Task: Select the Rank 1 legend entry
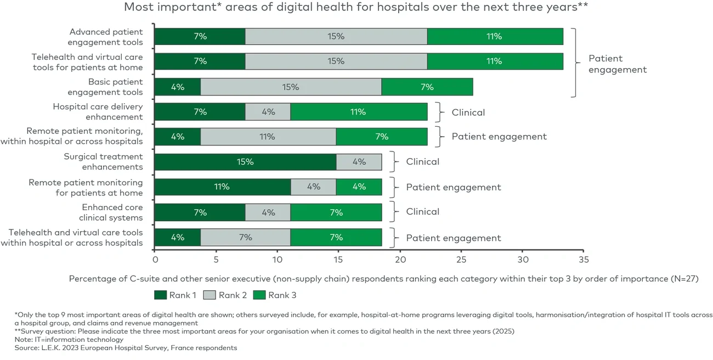pos(176,295)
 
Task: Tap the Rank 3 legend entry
pos(276,295)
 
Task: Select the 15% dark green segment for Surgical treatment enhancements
pos(245,162)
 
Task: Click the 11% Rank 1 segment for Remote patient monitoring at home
pos(222,187)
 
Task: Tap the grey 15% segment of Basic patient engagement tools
pos(291,87)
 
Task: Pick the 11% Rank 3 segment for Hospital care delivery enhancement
pos(359,112)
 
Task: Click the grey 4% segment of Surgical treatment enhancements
pos(359,162)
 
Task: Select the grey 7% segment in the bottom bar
pos(245,238)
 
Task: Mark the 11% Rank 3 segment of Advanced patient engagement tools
pos(495,37)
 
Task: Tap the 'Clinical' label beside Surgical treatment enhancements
pos(422,162)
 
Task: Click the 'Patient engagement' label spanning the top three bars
pos(617,64)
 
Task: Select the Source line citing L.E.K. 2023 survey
pos(126,348)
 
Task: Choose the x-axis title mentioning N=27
pos(383,279)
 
